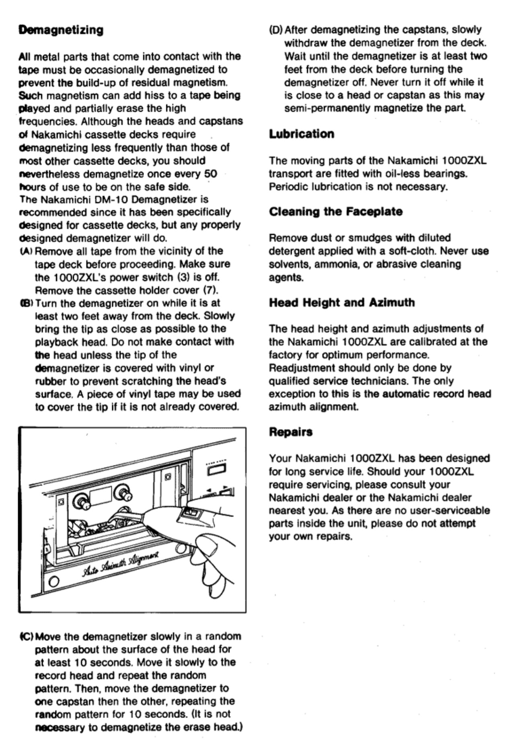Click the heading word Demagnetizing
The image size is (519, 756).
tap(61, 30)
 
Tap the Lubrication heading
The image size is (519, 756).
tap(301, 134)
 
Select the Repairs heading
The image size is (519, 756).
tap(290, 432)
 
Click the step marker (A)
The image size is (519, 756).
tap(26, 251)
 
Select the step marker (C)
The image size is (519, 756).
tap(26, 637)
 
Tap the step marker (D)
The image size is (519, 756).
tap(276, 30)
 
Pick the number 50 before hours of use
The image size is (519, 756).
tap(211, 174)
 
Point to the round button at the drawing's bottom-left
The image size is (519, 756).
tap(53, 582)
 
